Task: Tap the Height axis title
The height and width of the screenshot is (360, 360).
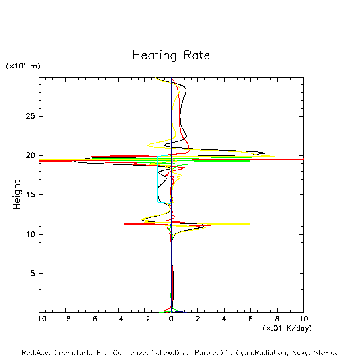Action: pyautogui.click(x=16, y=195)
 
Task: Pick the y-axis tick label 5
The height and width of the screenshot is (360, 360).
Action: pyautogui.click(x=31, y=274)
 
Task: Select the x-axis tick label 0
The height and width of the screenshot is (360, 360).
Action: pyautogui.click(x=171, y=319)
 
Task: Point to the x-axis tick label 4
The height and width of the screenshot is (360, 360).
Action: pyautogui.click(x=224, y=319)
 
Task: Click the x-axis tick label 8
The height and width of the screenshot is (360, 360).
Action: pyautogui.click(x=277, y=319)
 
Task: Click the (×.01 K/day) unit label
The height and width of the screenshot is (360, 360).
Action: pyautogui.click(x=287, y=328)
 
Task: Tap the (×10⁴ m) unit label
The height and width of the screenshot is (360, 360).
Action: pyautogui.click(x=23, y=66)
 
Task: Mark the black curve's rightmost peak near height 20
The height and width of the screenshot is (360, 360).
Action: pyautogui.click(x=264, y=153)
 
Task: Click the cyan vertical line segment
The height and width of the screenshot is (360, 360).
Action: pyautogui.click(x=158, y=179)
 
